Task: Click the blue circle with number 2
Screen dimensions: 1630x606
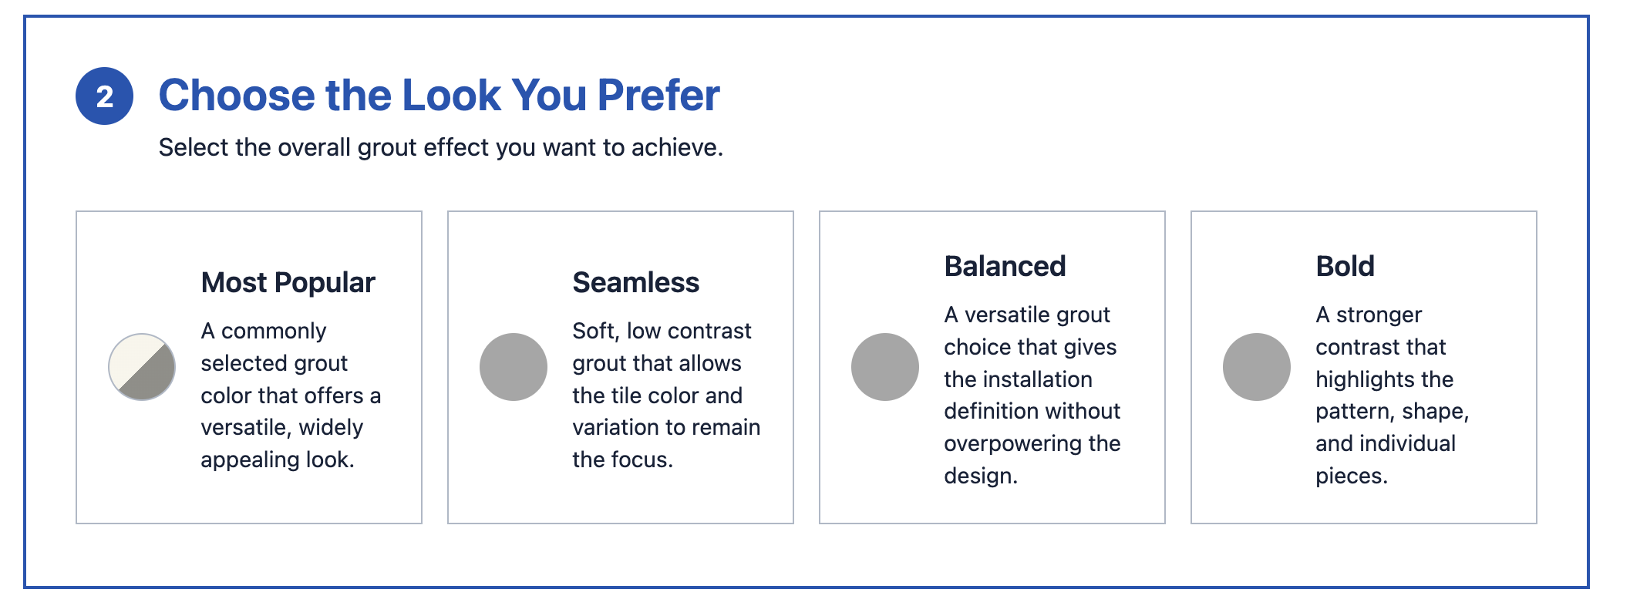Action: click(x=104, y=96)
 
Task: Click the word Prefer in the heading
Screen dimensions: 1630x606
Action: click(x=658, y=96)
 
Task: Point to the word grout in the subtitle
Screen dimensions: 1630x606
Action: click(x=387, y=147)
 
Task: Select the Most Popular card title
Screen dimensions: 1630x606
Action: click(x=288, y=282)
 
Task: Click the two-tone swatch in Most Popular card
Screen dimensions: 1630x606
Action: click(x=142, y=367)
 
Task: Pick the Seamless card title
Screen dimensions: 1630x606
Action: click(x=636, y=282)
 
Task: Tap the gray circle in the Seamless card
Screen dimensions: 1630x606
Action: click(x=514, y=367)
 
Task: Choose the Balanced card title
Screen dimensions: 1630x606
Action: click(x=1005, y=266)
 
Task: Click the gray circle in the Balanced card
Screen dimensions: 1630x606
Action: click(x=885, y=367)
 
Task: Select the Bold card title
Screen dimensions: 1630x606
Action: click(x=1345, y=266)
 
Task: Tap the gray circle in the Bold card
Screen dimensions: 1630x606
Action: click(x=1257, y=367)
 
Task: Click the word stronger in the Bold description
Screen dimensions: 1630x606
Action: click(x=1379, y=315)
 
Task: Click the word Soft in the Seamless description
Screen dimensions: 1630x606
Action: click(x=594, y=331)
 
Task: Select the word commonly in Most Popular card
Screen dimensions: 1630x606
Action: click(x=274, y=332)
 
